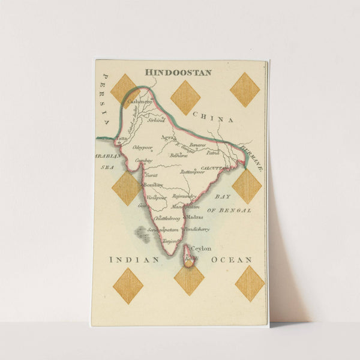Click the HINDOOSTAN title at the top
click(x=178, y=72)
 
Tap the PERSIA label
click(x=106, y=99)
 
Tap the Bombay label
click(x=153, y=185)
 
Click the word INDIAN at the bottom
click(x=134, y=260)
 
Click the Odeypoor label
click(x=142, y=147)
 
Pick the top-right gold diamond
click(x=245, y=89)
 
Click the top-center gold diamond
click(x=185, y=97)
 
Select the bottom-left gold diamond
click(x=128, y=286)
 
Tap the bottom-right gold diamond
click(x=250, y=283)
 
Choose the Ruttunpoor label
click(x=193, y=171)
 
